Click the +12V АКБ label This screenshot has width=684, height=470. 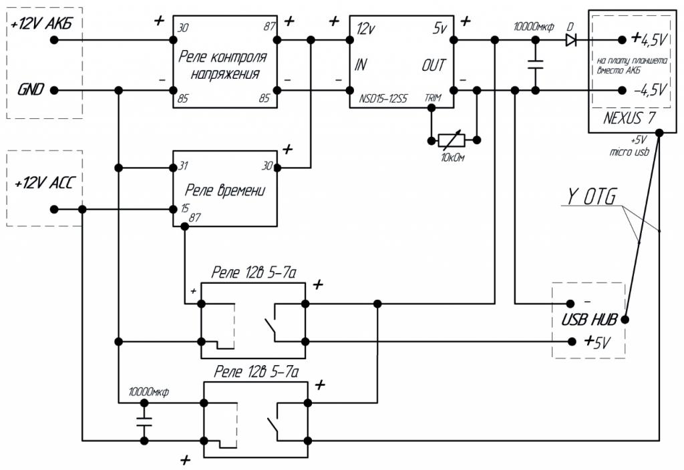pos(41,25)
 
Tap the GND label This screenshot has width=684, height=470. pos(32,89)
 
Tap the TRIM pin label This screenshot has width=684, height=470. pos(434,98)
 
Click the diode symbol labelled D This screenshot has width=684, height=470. pos(570,40)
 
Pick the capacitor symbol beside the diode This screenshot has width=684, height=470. pos(535,65)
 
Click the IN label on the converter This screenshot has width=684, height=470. pos(361,65)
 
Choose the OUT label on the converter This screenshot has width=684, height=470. pos(433,65)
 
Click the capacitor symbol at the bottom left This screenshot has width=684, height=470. pos(144,422)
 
